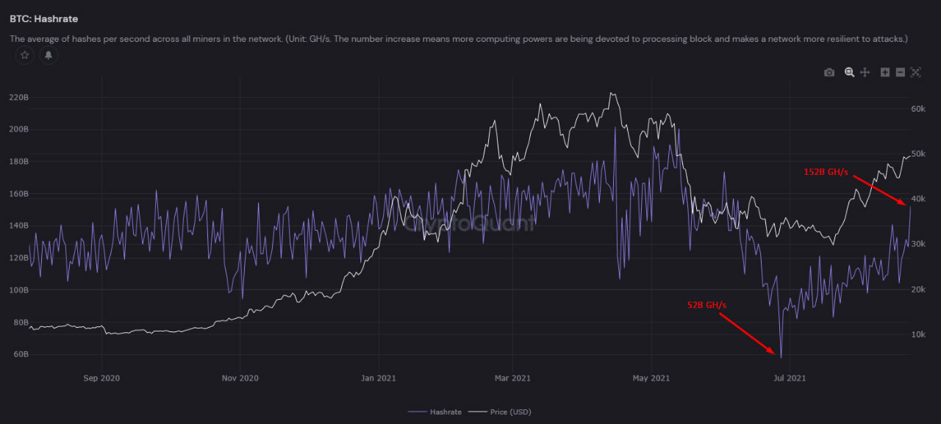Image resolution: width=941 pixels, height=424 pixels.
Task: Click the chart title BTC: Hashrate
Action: click(44, 18)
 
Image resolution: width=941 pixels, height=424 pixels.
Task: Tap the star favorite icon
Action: click(25, 55)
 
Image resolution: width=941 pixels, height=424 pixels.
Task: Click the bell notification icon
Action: click(49, 55)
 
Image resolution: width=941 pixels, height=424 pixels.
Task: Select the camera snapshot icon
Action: click(829, 72)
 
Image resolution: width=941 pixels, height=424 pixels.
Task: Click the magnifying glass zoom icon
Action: click(849, 72)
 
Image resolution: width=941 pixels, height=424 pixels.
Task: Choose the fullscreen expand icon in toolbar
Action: click(915, 72)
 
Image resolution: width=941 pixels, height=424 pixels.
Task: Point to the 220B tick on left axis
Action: click(18, 97)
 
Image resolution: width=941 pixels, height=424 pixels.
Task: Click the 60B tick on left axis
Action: click(20, 354)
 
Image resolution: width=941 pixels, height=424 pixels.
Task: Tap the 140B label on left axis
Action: click(18, 226)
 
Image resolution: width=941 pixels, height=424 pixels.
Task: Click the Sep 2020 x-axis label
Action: click(101, 378)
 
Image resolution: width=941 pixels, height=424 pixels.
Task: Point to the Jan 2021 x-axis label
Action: click(378, 378)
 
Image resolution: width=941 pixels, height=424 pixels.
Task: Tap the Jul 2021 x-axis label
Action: click(790, 378)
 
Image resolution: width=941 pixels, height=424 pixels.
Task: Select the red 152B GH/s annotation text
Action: click(826, 172)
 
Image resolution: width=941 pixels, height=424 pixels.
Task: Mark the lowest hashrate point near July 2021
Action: click(781, 357)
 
